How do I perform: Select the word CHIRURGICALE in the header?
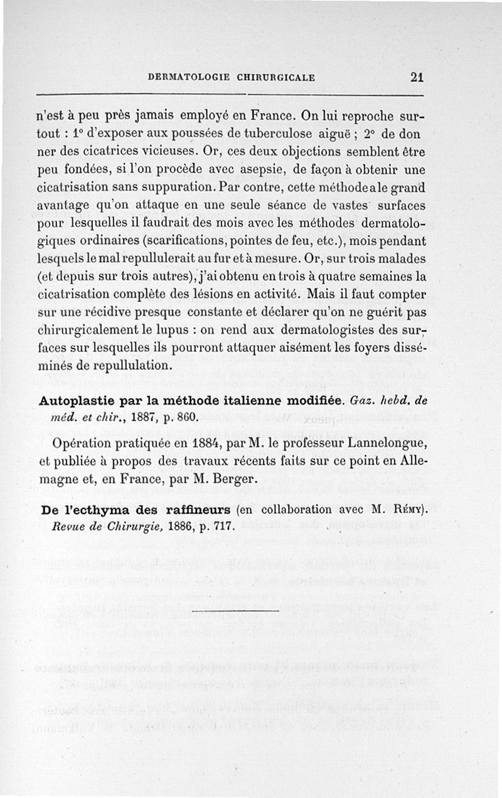coord(275,78)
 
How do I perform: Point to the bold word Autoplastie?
coord(76,400)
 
